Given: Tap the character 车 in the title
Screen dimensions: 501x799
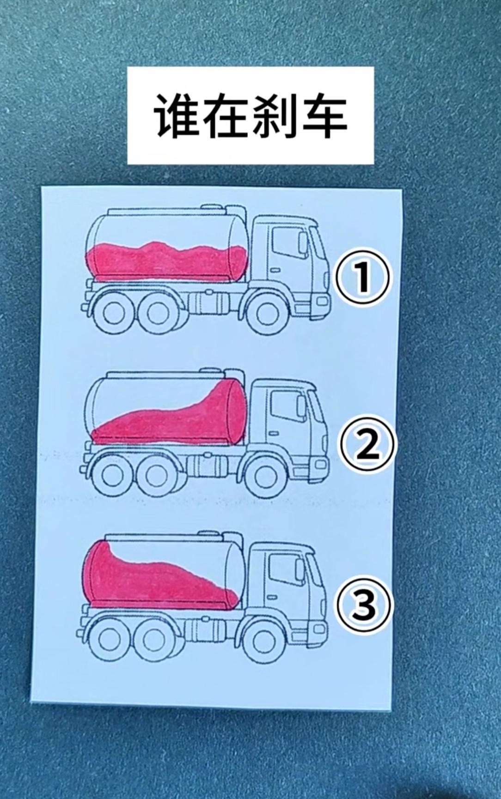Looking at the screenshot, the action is click(x=324, y=115).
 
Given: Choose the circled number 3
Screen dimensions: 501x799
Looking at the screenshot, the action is click(x=363, y=606).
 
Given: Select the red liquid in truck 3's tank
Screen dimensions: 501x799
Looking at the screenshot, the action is click(x=153, y=582).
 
